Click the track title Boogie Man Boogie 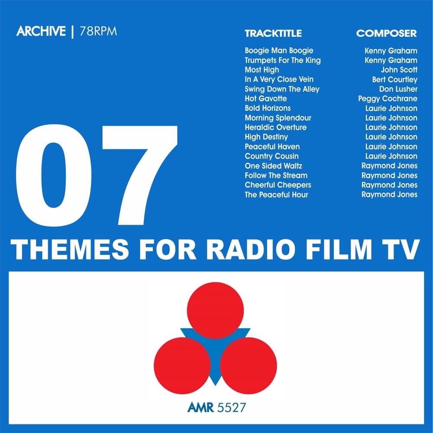(279, 51)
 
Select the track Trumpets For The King (283, 60)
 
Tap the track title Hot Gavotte (266, 99)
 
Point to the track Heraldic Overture (275, 127)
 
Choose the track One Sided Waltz (273, 166)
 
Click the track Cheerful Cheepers (278, 185)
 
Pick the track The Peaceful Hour (276, 195)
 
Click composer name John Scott (399, 70)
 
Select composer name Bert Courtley (394, 80)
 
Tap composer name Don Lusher (398, 89)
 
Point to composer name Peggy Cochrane (388, 99)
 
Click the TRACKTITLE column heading (273, 33)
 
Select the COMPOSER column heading (386, 33)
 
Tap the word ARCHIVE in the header (41, 32)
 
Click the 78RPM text (98, 32)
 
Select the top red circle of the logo (215, 310)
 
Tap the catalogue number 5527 (235, 407)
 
